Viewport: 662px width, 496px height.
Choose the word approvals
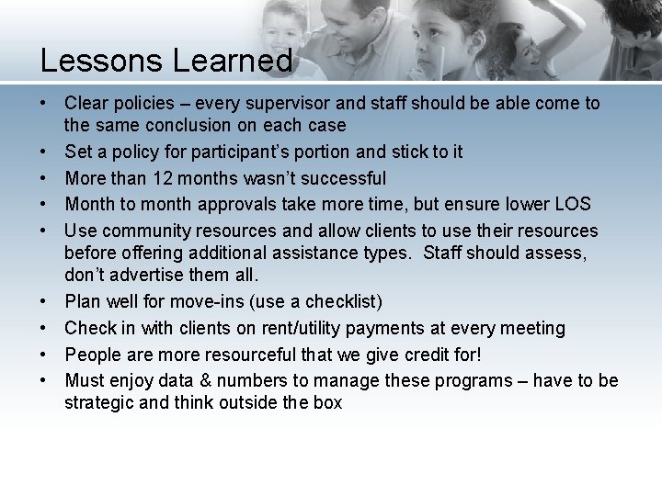[234, 204]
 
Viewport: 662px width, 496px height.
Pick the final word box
[326, 402]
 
